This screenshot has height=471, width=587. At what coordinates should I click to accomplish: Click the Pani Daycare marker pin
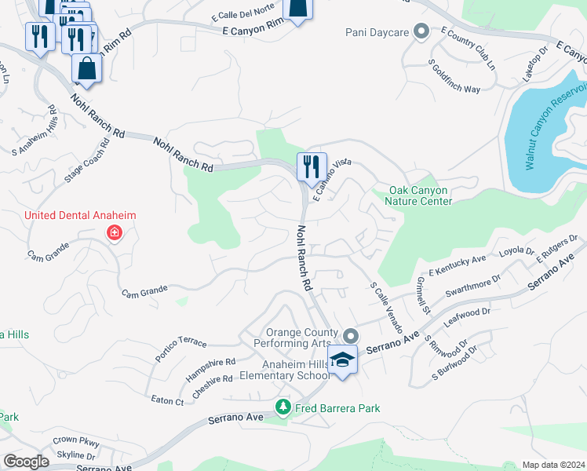coord(421,32)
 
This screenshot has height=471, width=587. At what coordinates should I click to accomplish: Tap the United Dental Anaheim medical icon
coord(115,232)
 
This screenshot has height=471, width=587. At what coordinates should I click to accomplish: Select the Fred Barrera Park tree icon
coord(283,407)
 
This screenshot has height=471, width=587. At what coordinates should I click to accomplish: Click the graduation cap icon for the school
coord(342,360)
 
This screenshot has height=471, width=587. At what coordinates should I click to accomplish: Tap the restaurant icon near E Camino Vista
coord(312,166)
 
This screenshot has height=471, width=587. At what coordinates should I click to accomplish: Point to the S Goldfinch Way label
coord(454,77)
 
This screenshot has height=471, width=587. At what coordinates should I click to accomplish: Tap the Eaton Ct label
coord(167,400)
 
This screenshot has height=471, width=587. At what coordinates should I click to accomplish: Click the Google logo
coord(26,461)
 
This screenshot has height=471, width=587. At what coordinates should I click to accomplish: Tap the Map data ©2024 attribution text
coord(553,465)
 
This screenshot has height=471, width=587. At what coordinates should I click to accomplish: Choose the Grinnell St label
coord(424,295)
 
